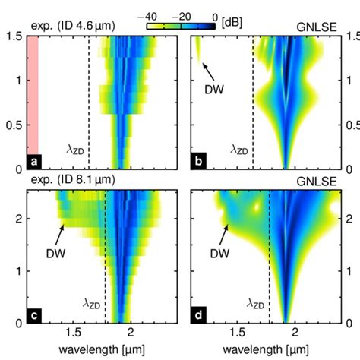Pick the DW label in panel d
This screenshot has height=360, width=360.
click(219, 253)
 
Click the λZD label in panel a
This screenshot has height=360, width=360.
click(74, 150)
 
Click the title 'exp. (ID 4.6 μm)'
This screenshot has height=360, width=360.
click(73, 26)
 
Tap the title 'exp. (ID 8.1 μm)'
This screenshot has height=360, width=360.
click(73, 179)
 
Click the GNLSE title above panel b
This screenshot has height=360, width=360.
click(314, 26)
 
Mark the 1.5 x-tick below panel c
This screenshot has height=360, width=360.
click(74, 333)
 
